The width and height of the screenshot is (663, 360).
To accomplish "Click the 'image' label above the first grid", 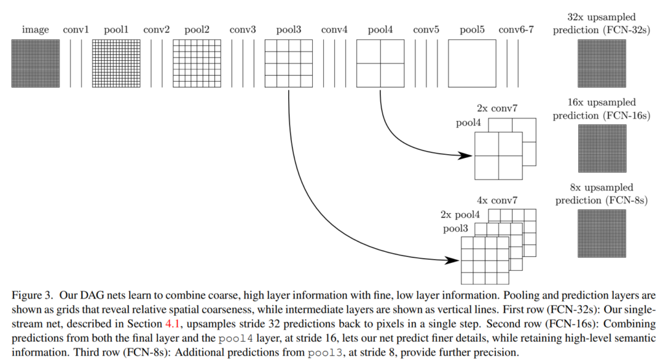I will pyautogui.click(x=36, y=30).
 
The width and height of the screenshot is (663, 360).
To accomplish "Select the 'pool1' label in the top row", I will pyautogui.click(x=117, y=30).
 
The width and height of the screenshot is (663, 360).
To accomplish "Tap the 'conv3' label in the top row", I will pyautogui.click(x=243, y=30).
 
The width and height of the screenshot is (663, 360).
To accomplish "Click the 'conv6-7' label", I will pyautogui.click(x=516, y=30).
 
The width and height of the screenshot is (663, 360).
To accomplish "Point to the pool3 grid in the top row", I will pyautogui.click(x=289, y=63).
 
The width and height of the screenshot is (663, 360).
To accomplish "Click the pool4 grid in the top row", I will pyautogui.click(x=380, y=63).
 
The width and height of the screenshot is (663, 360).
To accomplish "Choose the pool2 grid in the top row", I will pyautogui.click(x=197, y=63).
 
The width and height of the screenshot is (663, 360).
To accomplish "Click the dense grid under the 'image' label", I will pyautogui.click(x=36, y=63).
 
